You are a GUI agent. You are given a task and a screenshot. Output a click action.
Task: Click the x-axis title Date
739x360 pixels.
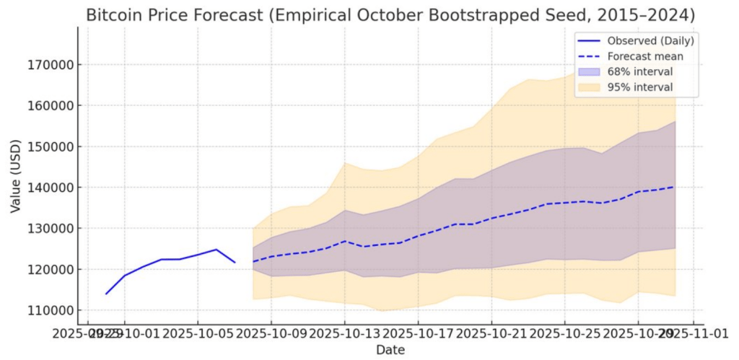(390, 350)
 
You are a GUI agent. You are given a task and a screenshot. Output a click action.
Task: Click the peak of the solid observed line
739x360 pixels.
(216, 250)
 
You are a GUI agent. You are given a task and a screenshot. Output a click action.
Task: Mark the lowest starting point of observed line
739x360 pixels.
(106, 294)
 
